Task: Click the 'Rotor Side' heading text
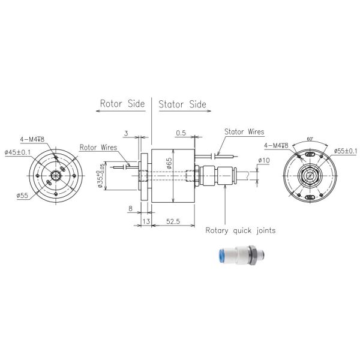(x=122, y=104)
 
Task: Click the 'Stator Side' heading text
(x=182, y=104)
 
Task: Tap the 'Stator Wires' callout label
(x=244, y=132)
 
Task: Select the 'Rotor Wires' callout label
(x=98, y=147)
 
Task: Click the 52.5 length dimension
(x=174, y=221)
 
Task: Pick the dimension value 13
(x=145, y=221)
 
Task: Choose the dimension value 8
(x=130, y=209)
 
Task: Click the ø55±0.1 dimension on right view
(x=344, y=151)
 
